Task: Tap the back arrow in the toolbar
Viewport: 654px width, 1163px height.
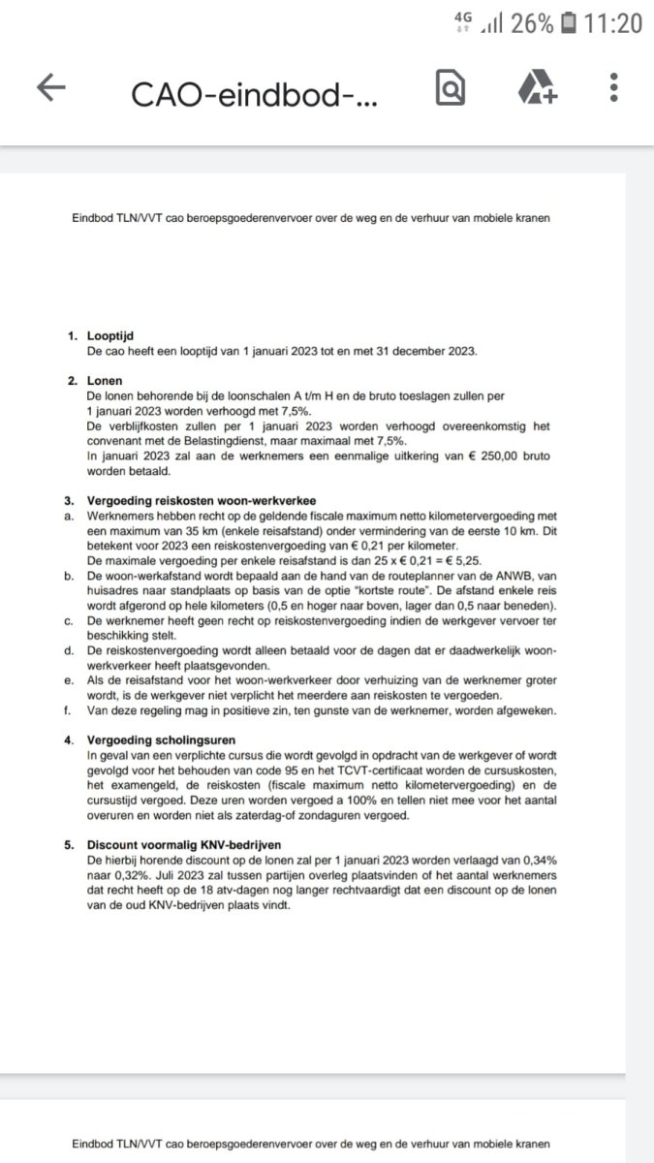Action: pos(51,88)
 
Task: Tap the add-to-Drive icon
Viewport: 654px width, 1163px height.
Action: pos(536,89)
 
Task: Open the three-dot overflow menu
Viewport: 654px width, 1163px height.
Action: pos(614,88)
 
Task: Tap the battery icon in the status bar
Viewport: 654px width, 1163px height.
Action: pos(569,23)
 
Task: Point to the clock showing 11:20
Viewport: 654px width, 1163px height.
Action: pos(614,23)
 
